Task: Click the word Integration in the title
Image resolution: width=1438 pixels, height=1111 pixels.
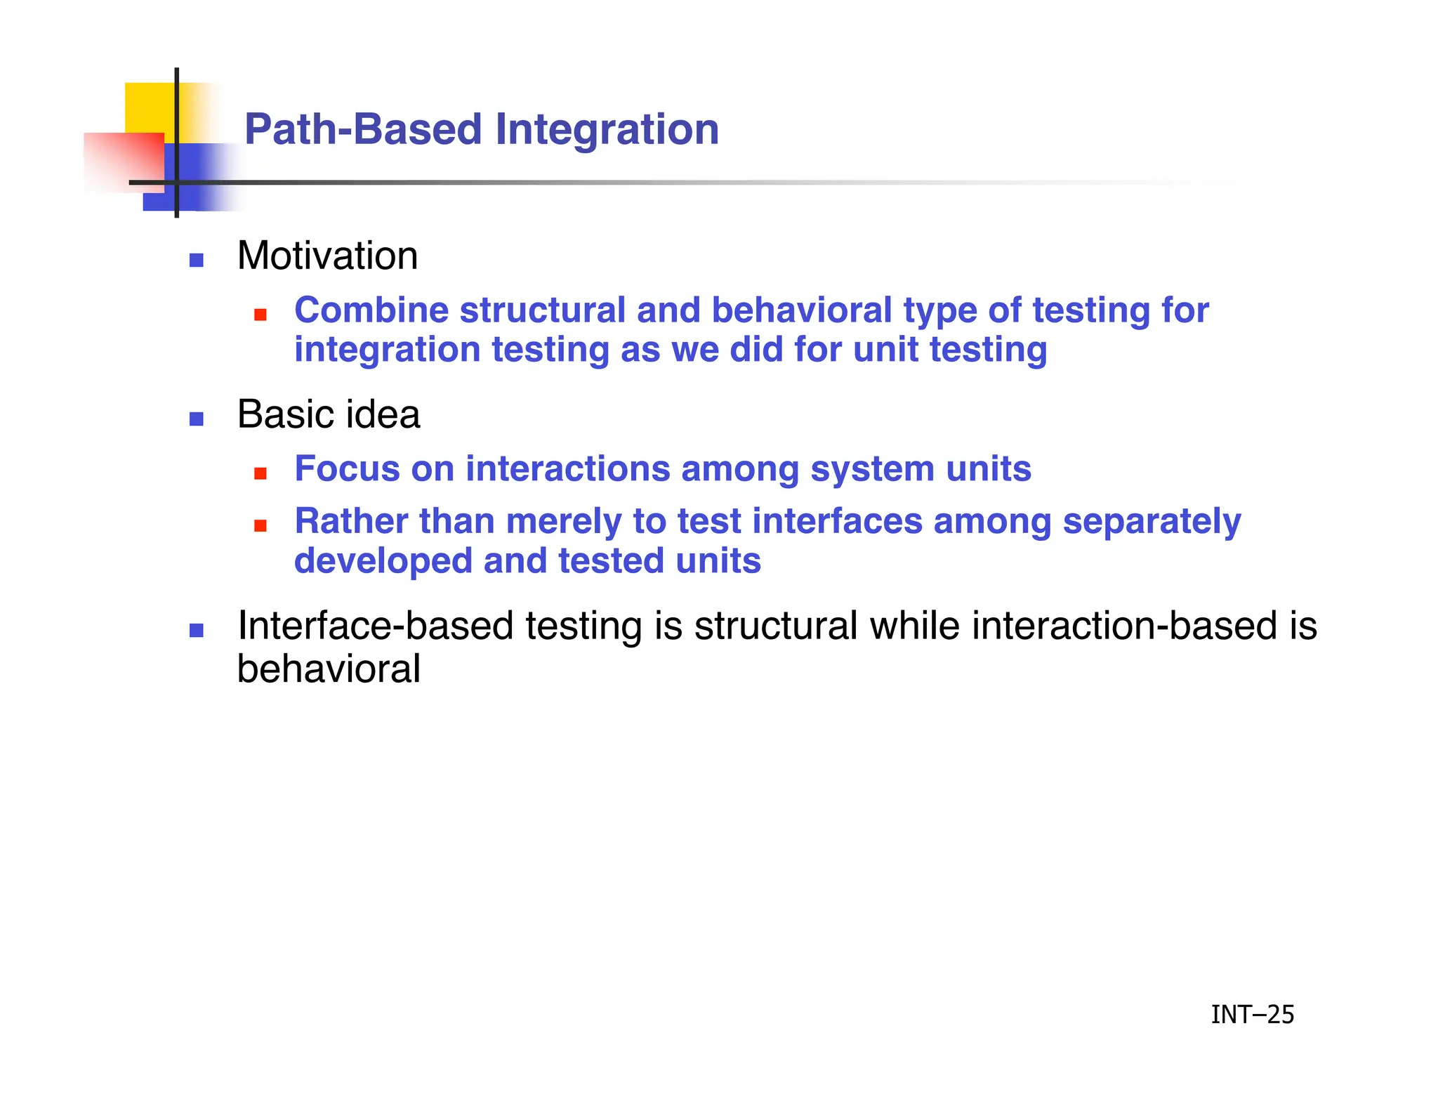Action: pos(607,130)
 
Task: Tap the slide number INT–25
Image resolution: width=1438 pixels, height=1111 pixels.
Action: pos(1252,1014)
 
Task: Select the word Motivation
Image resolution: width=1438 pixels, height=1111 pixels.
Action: pos(327,256)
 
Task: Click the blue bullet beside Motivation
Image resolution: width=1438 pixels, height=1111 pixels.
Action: pos(197,261)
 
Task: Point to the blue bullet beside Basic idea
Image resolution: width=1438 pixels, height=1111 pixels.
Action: pos(197,419)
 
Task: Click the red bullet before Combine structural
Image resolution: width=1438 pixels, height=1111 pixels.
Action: pos(260,315)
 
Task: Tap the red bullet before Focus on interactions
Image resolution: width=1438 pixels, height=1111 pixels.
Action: pos(260,473)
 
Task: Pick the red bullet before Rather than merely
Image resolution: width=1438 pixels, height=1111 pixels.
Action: pos(260,526)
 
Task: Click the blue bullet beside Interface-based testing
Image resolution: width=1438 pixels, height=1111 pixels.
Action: pos(197,631)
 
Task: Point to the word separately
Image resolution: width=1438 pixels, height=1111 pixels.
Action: pos(1152,522)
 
